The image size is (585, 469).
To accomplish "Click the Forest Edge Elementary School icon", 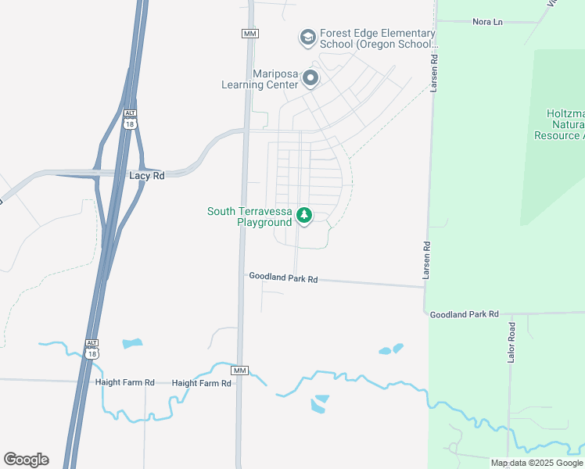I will (307, 37).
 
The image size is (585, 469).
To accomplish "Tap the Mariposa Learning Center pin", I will (310, 77).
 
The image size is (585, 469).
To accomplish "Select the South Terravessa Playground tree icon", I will (303, 214).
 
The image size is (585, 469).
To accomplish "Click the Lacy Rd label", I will (146, 176).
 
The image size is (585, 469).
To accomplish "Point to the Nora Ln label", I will (487, 22).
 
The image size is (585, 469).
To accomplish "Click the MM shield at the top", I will (249, 34).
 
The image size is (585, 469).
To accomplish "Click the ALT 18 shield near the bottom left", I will (92, 349).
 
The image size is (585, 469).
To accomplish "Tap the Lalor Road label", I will (512, 342).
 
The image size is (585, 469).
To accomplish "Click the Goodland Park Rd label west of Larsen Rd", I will (283, 277).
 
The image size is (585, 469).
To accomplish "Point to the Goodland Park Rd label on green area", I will (464, 313).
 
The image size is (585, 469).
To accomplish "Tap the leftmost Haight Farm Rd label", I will (124, 383).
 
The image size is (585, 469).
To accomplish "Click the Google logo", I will (26, 460).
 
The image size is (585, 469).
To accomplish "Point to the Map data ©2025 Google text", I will (537, 463).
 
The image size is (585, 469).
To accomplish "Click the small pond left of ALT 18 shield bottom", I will (132, 343).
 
